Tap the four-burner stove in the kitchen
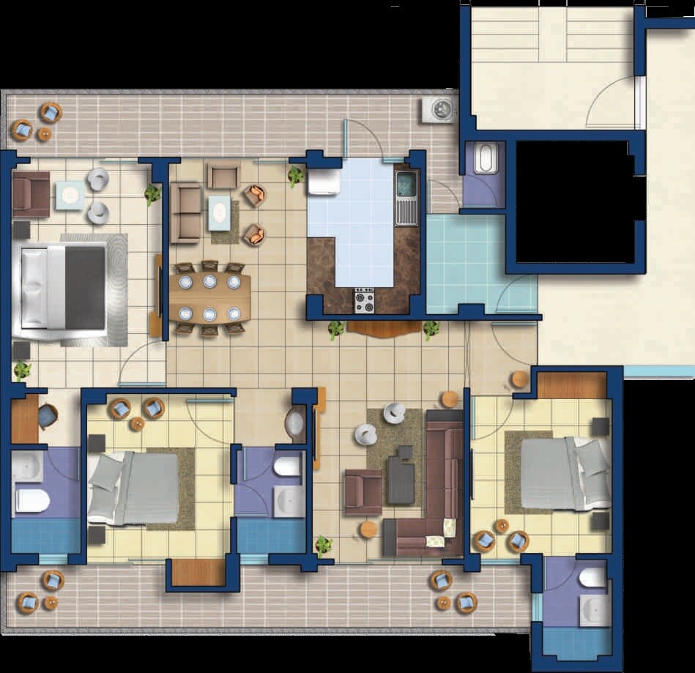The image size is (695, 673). [364, 300]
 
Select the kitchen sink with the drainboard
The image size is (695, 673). [406, 198]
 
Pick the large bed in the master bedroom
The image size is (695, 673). [62, 287]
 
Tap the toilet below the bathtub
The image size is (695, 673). [32, 501]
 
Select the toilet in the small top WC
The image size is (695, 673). [486, 159]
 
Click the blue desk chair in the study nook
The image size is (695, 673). [47, 416]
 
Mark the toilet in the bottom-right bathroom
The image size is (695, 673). [592, 579]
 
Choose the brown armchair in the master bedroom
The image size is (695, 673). [31, 194]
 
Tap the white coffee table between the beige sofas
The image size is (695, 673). [219, 212]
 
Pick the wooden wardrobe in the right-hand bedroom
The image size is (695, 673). [572, 385]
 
